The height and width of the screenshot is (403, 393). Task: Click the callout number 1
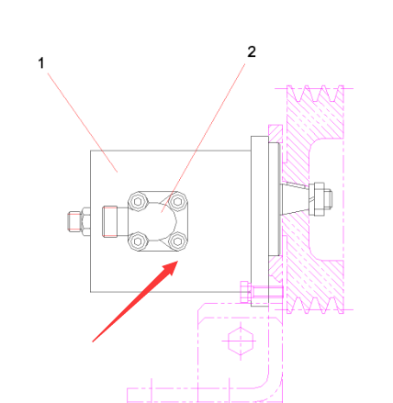coord(41,63)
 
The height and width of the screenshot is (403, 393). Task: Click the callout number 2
coord(252,51)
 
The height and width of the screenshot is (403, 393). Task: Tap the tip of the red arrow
coord(178,261)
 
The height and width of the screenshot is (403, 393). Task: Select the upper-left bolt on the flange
coord(138,202)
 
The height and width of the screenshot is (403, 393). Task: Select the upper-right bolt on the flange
coord(177,201)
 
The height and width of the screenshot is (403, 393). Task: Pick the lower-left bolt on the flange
coord(138,241)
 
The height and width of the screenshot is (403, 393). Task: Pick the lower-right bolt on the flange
coord(177,241)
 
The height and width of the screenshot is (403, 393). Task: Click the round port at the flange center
coord(162,221)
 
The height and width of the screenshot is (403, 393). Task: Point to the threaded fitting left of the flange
coord(110,221)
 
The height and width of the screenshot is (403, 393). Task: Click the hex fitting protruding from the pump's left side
coord(79,221)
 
